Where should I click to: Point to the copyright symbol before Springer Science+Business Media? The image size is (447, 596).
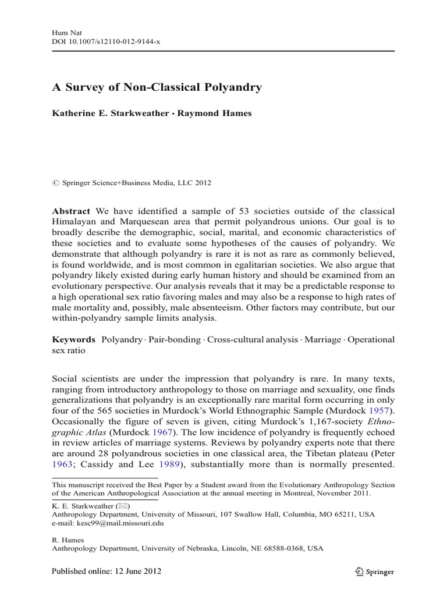(x=56, y=183)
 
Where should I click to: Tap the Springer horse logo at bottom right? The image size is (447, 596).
(x=359, y=572)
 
